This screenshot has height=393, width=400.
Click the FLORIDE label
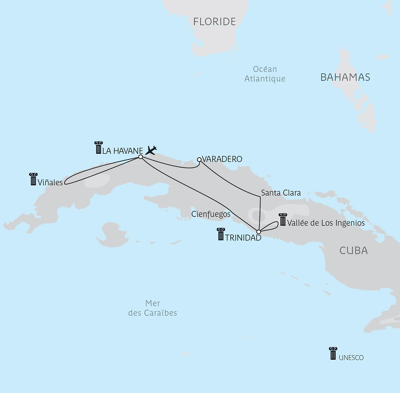point(214,22)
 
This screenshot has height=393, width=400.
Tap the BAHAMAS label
point(345,77)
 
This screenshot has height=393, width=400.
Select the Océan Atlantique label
point(265,74)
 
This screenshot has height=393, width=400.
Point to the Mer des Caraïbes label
point(153,308)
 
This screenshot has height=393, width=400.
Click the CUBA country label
point(354,251)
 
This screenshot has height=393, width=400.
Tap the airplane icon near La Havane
point(151,150)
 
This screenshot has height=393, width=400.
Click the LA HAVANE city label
point(122,151)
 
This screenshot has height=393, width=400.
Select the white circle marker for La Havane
point(141,157)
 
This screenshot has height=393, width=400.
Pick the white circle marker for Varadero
point(199,159)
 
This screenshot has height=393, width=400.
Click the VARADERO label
point(222,159)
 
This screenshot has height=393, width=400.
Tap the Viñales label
point(50,183)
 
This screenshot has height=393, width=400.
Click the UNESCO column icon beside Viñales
point(33,179)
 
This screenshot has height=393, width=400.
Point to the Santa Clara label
point(281,193)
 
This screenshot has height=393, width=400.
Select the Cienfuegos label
point(211,214)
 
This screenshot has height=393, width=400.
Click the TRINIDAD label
point(243,238)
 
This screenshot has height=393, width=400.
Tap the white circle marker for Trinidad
point(258,232)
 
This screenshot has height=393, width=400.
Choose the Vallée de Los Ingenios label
point(326,223)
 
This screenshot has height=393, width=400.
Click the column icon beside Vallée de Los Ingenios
point(283,220)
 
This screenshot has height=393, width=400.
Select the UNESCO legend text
point(351,358)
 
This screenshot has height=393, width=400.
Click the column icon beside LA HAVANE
point(98,148)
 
